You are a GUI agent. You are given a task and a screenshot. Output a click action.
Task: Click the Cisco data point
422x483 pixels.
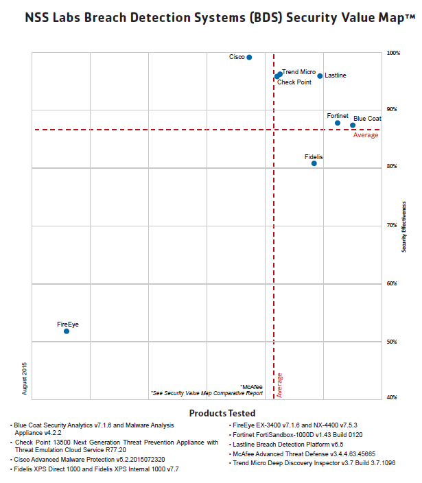coord(249,58)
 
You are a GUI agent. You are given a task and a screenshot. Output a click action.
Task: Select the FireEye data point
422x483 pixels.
coord(67,331)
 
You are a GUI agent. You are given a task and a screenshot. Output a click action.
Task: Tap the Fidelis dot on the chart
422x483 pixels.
coord(314,163)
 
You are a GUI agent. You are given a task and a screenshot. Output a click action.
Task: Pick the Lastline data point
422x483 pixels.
coord(320,76)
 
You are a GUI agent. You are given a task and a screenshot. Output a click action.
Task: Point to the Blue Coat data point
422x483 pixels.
coord(353,125)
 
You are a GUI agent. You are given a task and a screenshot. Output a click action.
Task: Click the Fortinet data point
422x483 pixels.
coord(338,123)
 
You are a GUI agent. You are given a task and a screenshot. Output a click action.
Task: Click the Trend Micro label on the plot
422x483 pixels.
coord(298,72)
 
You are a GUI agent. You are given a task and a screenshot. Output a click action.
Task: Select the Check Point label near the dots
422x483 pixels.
coord(294,82)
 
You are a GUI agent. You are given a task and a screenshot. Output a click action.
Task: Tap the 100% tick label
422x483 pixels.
coord(393,53)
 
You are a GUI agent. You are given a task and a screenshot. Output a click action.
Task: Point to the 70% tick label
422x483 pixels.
coord(392,225)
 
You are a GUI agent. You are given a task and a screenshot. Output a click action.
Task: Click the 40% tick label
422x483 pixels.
coord(392,397)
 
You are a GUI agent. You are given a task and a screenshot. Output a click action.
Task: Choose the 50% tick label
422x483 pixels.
coord(392,342)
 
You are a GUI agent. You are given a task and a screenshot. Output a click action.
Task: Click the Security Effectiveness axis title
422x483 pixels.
coord(404,227)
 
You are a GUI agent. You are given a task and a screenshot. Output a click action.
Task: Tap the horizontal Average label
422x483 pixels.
coord(366,135)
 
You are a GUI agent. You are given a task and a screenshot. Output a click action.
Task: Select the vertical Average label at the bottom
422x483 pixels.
coord(279,386)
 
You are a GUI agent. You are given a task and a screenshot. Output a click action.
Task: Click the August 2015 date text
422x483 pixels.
coord(24,379)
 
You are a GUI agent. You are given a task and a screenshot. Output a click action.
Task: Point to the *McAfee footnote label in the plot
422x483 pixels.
coord(251,387)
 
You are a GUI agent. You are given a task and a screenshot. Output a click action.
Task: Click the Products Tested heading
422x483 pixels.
coord(222,413)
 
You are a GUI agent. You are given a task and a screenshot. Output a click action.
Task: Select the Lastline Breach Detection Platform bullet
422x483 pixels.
coord(288,445)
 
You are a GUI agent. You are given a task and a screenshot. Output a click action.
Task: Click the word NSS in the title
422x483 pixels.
coord(37,18)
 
